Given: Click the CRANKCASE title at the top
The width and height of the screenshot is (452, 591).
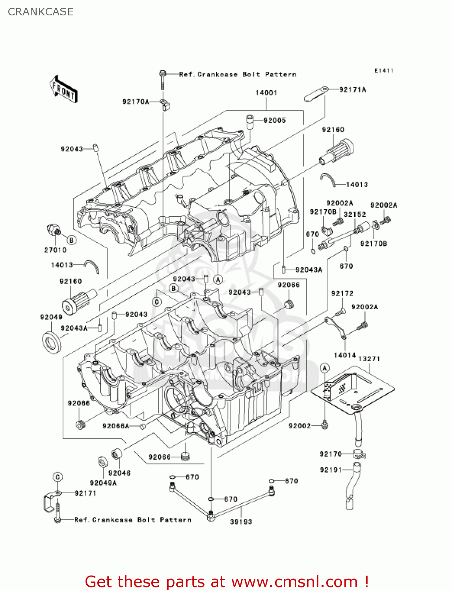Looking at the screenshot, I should point(41,12).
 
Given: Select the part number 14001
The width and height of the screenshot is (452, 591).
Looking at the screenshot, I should point(266,93).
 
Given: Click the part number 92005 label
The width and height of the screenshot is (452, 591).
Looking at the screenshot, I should point(275,121).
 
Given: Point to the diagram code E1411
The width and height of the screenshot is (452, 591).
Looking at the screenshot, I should point(383,71).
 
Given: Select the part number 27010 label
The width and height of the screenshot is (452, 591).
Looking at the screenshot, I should point(55,250).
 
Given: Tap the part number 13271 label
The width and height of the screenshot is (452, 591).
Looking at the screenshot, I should point(369,359).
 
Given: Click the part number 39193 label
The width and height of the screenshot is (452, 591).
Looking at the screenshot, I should point(241,522).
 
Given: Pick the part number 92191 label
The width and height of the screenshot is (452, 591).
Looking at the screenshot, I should point(331,470).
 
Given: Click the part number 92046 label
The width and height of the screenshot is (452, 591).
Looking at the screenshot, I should point(119,473).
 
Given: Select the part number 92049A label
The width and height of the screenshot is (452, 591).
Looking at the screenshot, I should point(103,483).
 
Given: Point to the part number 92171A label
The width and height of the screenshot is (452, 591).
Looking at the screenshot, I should point(352,90).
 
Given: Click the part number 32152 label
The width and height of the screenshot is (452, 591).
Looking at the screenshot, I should point(355,214).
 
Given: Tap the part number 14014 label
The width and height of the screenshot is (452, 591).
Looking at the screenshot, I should point(345,355).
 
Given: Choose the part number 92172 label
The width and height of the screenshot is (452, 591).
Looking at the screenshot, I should point(342,294).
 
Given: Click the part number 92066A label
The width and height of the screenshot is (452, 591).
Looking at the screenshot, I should point(116,426).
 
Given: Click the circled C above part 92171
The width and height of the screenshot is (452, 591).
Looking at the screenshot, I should point(58,477).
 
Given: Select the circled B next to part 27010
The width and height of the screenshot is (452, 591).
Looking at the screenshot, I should point(71,240).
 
